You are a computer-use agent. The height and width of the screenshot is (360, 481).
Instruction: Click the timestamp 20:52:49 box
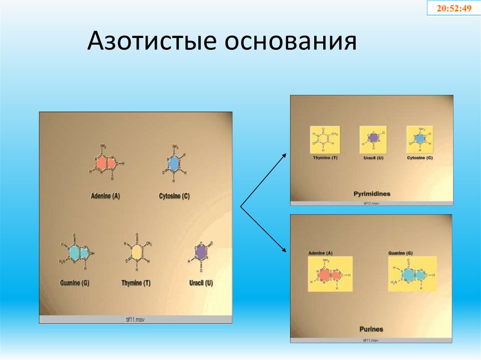tap(454, 8)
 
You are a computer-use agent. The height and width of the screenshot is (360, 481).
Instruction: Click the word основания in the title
tap(290, 43)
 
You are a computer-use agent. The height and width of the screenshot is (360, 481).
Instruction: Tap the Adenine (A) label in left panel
tap(105, 196)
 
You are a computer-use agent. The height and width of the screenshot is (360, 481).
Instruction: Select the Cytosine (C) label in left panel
tap(174, 196)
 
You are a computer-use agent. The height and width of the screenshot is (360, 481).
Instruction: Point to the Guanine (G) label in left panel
tap(75, 283)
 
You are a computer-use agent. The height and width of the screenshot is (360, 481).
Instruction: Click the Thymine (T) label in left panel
tap(136, 283)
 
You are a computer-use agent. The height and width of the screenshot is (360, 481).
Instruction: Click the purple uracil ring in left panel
tap(201, 253)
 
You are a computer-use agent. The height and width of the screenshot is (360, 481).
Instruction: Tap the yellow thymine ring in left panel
tap(136, 253)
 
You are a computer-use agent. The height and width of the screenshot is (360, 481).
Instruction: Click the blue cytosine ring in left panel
tap(174, 162)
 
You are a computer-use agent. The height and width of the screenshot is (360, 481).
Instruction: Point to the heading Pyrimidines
tap(372, 193)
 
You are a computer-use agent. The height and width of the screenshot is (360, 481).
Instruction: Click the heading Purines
tap(371, 329)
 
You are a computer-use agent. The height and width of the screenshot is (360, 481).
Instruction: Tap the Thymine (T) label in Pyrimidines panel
tap(325, 158)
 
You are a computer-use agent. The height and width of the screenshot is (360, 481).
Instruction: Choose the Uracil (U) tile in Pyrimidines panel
tap(373, 139)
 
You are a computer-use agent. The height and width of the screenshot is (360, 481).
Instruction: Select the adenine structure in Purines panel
tap(330, 274)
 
